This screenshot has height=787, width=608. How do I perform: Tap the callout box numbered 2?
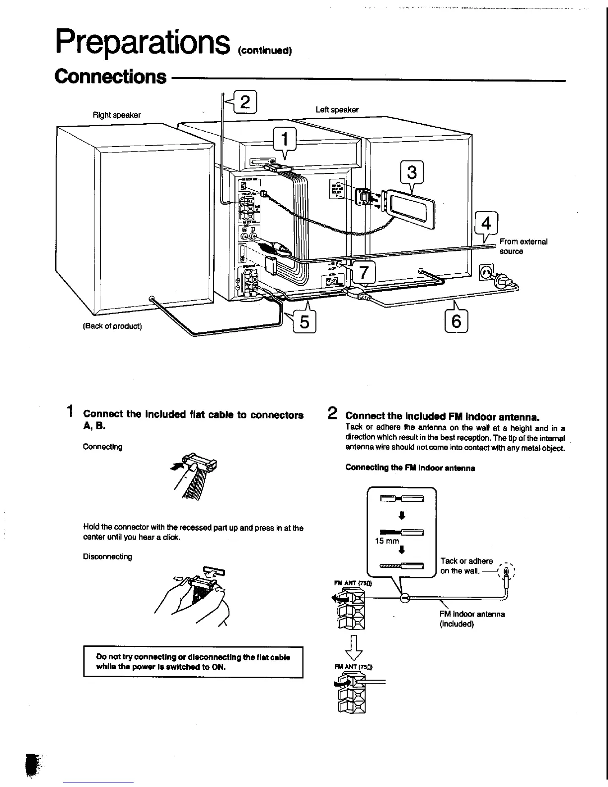click(x=244, y=102)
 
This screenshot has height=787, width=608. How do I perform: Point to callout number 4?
click(x=486, y=223)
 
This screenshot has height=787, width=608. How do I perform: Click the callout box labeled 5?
click(x=304, y=322)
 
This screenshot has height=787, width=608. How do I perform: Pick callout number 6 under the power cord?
click(x=456, y=321)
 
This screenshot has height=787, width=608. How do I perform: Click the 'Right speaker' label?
click(x=117, y=115)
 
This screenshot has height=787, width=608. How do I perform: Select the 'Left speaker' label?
click(x=337, y=110)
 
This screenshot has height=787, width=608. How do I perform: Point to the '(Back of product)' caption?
click(x=112, y=326)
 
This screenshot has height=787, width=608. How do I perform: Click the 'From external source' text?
click(x=523, y=246)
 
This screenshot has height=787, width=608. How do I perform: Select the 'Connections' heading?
click(x=111, y=77)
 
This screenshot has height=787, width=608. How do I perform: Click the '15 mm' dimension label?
click(x=387, y=541)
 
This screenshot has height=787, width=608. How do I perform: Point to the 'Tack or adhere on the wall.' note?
click(x=466, y=566)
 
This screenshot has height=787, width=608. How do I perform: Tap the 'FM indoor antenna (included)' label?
click(x=472, y=619)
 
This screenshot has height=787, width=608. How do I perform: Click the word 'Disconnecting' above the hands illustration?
click(x=107, y=557)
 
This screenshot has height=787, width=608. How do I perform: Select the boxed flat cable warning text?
click(x=193, y=662)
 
